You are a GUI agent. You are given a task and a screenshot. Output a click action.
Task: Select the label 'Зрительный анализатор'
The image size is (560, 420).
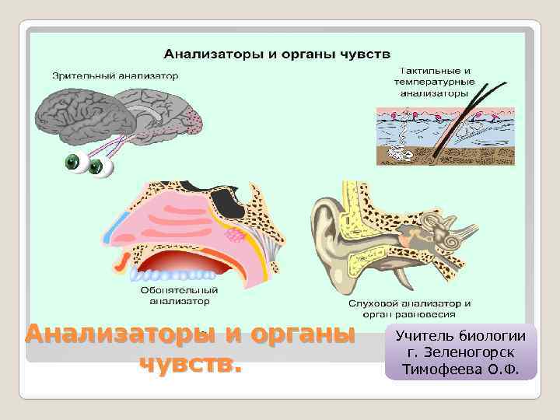(115, 76)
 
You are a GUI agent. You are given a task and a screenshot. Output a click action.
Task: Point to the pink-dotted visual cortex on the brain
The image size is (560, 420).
(195, 121)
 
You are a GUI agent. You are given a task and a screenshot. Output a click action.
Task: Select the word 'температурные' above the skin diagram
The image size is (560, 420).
(429, 81)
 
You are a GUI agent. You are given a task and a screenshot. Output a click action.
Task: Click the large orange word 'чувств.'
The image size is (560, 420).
(190, 363)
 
